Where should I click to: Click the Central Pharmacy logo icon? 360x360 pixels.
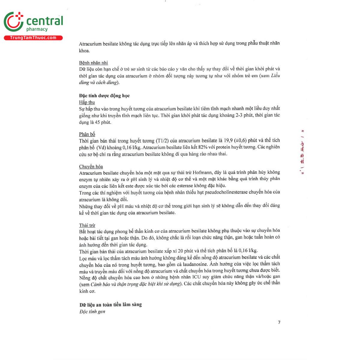tap(13, 22)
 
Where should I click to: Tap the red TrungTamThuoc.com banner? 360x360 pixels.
tap(33, 38)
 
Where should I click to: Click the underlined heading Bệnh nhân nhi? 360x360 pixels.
tap(93, 63)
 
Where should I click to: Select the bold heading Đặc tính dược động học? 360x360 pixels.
tap(104, 96)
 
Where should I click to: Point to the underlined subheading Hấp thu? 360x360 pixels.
tap(87, 102)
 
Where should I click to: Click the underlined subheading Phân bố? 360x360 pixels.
tap(87, 134)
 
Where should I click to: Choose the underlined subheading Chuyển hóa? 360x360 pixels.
tap(91, 166)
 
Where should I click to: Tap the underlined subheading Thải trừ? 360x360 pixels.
tap(87, 225)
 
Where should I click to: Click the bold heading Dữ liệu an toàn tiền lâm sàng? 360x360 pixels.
tap(110, 305)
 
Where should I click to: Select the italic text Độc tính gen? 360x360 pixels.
tap(92, 312)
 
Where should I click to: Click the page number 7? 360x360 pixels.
tap(279, 322)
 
